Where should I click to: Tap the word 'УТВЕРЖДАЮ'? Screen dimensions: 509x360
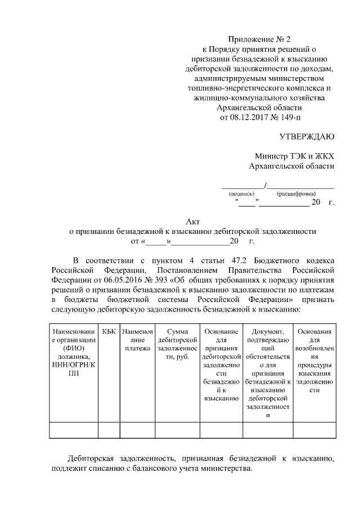pos(307,137)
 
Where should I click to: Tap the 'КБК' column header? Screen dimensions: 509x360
pos(109,332)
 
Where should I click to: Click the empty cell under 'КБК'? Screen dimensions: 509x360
pos(109,430)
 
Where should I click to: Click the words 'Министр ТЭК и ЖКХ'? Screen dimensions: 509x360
pos(294,156)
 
